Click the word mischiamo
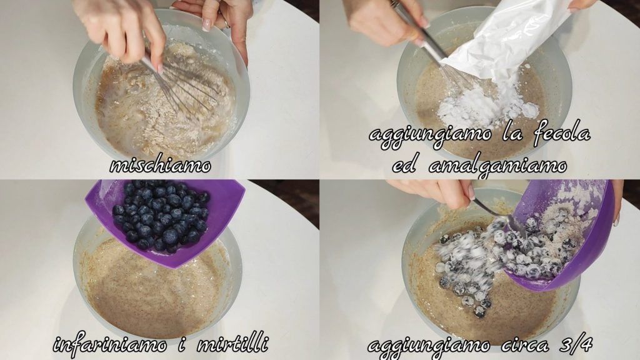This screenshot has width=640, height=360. (x=161, y=165)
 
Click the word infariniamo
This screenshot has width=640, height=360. (x=110, y=344)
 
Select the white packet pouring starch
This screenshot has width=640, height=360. (x=506, y=45)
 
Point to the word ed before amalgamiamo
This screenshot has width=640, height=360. (x=404, y=165)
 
